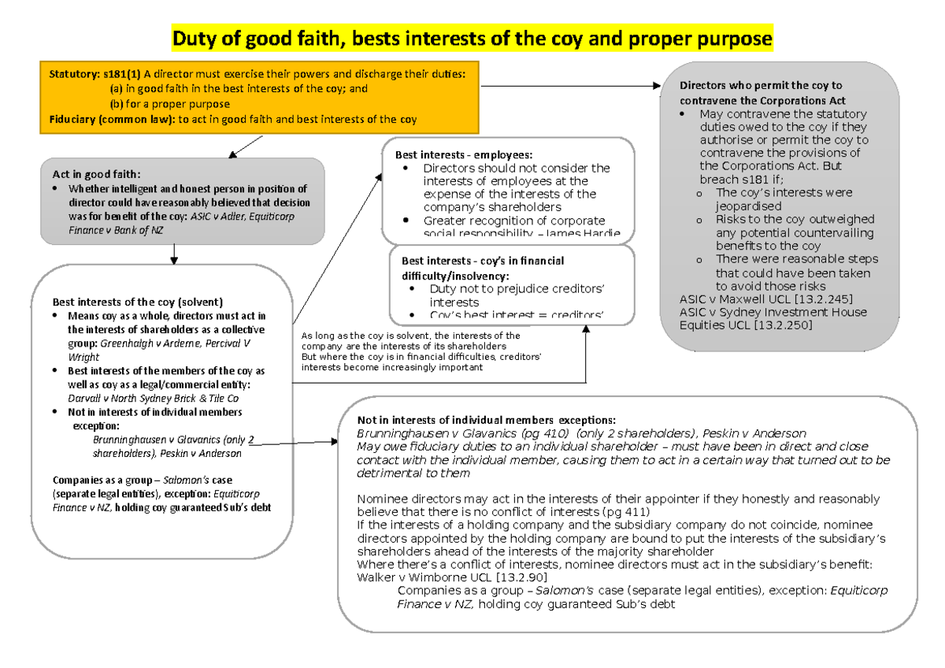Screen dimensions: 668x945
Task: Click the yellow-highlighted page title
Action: [x=472, y=38]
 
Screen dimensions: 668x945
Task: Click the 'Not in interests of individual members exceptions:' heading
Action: [x=486, y=420]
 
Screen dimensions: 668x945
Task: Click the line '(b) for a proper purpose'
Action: [x=169, y=104]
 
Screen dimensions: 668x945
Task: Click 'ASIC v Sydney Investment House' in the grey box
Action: [x=773, y=312]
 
